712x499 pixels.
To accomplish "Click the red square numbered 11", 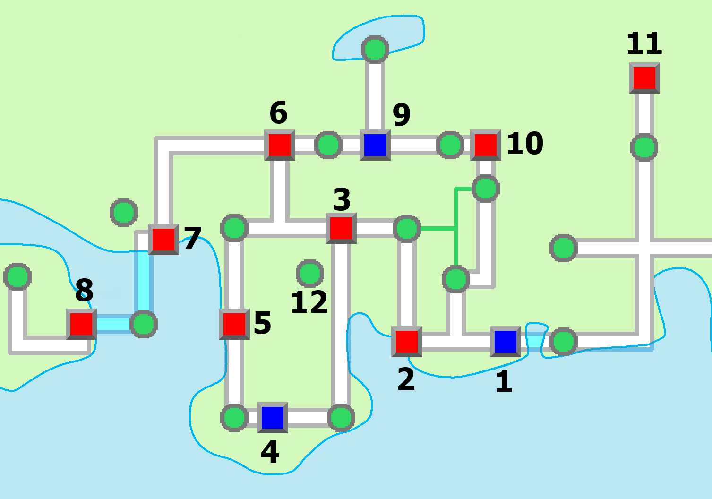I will tap(644, 78).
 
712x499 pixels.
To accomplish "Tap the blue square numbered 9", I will tap(375, 145).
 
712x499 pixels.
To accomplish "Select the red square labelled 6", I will tap(279, 145).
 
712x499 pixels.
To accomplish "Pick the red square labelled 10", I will tap(485, 145).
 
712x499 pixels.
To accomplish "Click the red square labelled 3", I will tap(341, 228).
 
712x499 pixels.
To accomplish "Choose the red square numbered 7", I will tap(163, 240).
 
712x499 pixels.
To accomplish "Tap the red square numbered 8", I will tap(81, 324).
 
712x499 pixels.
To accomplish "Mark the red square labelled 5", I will tap(234, 324).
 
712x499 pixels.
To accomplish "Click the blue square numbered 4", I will tap(272, 417).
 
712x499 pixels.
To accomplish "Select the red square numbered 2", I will tap(406, 341).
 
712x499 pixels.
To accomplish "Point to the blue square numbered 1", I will tap(505, 341).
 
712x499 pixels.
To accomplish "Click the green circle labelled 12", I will tap(309, 273).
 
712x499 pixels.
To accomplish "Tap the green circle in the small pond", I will tap(375, 49).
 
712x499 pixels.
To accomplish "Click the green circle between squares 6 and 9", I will tap(328, 145).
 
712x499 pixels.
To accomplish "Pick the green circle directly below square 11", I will tap(644, 147).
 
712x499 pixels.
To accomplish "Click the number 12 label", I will tap(309, 302).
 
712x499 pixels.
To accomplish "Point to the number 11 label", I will tap(644, 43).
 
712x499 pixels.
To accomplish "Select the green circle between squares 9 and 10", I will tap(450, 145).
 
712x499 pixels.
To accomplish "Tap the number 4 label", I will tap(270, 452).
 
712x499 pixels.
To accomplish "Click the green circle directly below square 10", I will tap(485, 189).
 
